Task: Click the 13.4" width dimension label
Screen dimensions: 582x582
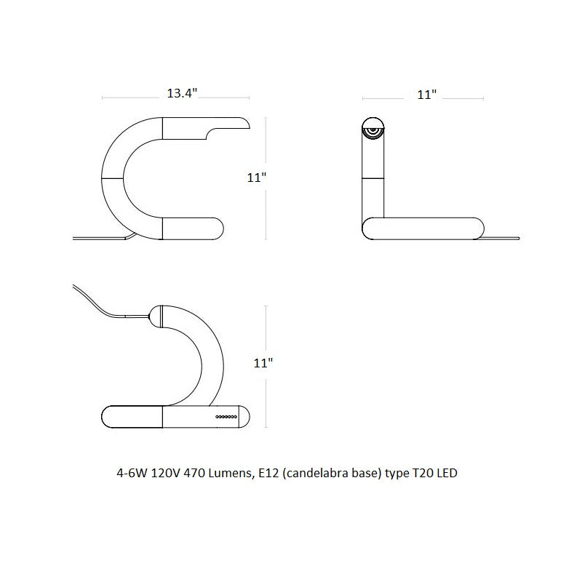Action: tap(182, 93)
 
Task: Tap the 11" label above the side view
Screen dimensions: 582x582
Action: tap(426, 95)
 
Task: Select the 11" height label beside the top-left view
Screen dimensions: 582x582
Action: tap(257, 178)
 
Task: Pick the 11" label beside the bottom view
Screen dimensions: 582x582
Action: tap(263, 362)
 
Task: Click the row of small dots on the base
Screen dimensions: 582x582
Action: tap(226, 417)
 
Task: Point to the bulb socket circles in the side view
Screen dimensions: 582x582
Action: tap(372, 132)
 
